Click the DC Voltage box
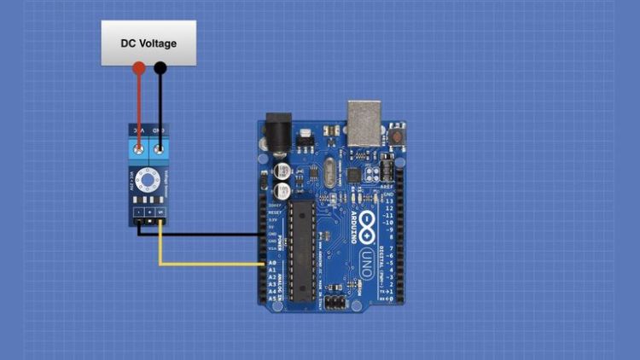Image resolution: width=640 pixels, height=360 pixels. [x=148, y=43]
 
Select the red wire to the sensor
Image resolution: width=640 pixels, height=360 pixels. [x=138, y=102]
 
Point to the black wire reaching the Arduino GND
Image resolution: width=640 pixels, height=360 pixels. [x=205, y=234]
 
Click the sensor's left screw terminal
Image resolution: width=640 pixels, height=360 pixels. [x=139, y=150]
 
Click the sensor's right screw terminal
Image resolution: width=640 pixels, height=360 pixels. [x=158, y=150]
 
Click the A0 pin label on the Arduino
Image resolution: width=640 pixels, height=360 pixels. [x=272, y=263]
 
